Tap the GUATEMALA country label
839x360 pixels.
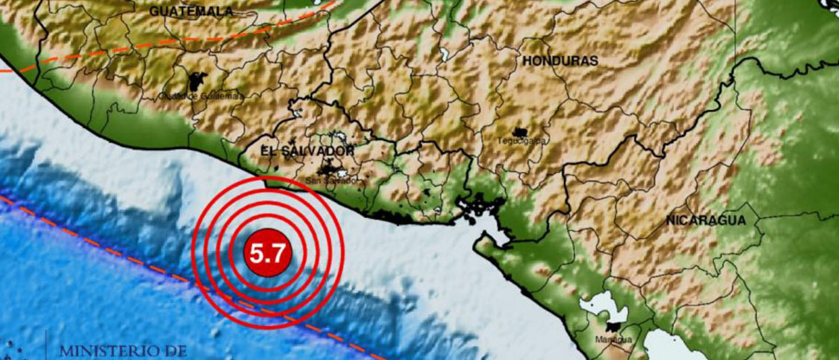pyautogui.click(x=191, y=11)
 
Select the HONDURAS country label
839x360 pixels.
pyautogui.click(x=560, y=61)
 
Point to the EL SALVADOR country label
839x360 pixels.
pyautogui.click(x=307, y=151)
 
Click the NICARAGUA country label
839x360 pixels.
pyautogui.click(x=706, y=222)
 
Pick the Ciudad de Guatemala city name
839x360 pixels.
pyautogui.click(x=201, y=96)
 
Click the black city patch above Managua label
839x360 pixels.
pyautogui.click(x=616, y=327)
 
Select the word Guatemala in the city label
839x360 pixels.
pyautogui.click(x=224, y=96)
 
